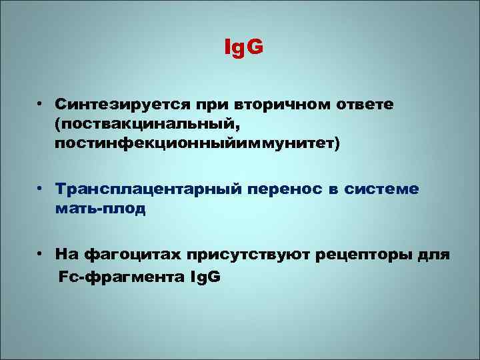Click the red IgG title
point(243,49)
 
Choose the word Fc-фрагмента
point(116,276)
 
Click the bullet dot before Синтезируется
point(41,105)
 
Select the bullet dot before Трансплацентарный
point(41,189)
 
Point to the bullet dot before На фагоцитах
point(41,255)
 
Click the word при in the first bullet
point(210,106)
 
